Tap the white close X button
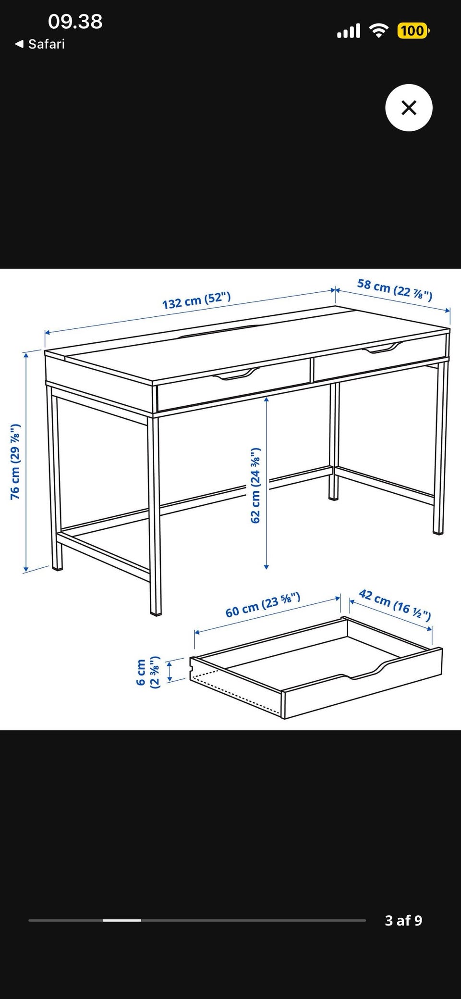click(409, 108)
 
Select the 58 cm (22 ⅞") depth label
click(395, 289)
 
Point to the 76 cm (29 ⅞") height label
click(15, 462)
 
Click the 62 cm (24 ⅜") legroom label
click(255, 486)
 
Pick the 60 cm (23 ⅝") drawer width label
click(263, 605)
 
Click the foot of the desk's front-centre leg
click(155, 613)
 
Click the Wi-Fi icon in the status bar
click(379, 31)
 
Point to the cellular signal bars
click(349, 31)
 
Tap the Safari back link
click(40, 44)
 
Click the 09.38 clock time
click(75, 22)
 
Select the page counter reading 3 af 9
click(403, 920)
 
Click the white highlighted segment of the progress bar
click(122, 920)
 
